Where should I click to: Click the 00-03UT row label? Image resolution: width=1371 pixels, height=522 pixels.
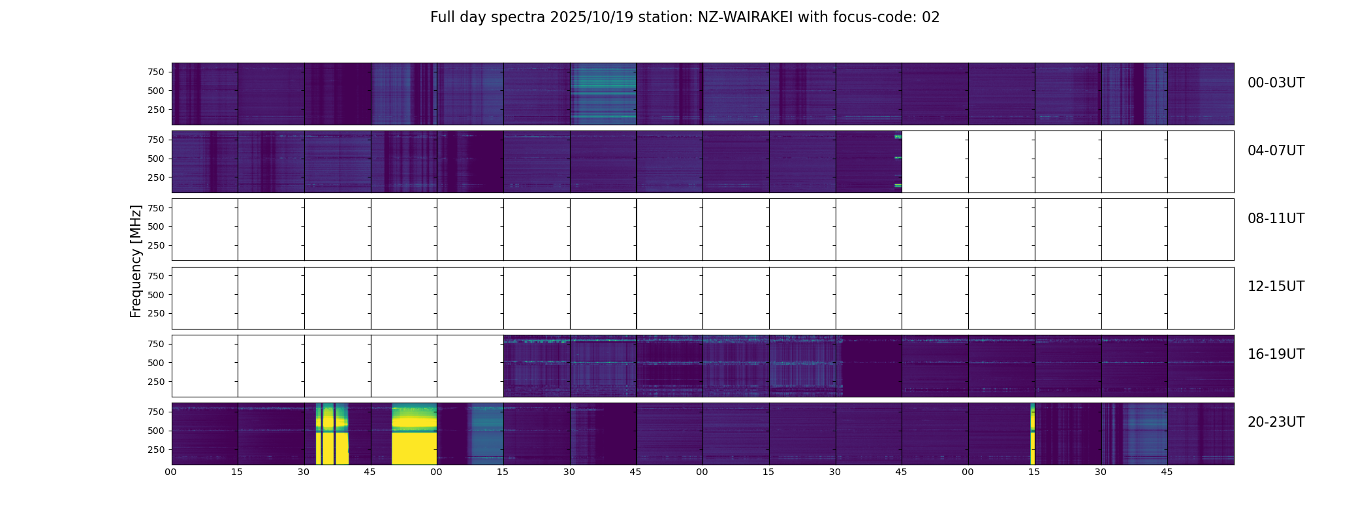click(1276, 83)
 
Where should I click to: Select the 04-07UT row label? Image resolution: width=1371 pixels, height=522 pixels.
click(1276, 151)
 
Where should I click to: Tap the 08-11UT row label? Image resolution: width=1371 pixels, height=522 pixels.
click(1276, 219)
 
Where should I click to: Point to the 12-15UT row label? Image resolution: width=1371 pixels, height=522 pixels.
click(1276, 286)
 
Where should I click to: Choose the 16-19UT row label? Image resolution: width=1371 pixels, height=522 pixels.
click(1276, 354)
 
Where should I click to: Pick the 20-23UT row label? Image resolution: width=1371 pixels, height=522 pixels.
click(1276, 422)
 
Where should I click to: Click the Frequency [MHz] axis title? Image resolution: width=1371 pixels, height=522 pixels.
click(136, 261)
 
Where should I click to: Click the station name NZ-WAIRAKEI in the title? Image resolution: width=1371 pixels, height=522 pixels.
click(745, 18)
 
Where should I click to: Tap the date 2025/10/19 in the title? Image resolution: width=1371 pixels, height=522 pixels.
click(591, 18)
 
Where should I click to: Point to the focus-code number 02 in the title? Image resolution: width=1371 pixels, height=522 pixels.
click(930, 18)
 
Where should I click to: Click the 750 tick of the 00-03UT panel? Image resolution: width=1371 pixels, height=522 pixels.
click(156, 72)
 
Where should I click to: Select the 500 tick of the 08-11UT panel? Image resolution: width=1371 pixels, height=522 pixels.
click(156, 226)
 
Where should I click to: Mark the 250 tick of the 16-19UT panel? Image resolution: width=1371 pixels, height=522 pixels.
click(156, 382)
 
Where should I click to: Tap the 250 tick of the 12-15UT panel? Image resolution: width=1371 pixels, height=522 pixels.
click(156, 314)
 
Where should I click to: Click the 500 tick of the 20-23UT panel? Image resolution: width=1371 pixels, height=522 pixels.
click(156, 431)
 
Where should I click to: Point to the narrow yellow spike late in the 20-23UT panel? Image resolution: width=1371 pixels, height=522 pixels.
click(1032, 434)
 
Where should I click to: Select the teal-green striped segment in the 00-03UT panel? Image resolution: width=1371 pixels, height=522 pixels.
click(603, 93)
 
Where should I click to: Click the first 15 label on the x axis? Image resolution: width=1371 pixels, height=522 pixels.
click(237, 472)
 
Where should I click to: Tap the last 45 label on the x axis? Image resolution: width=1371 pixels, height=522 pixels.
click(1167, 472)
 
